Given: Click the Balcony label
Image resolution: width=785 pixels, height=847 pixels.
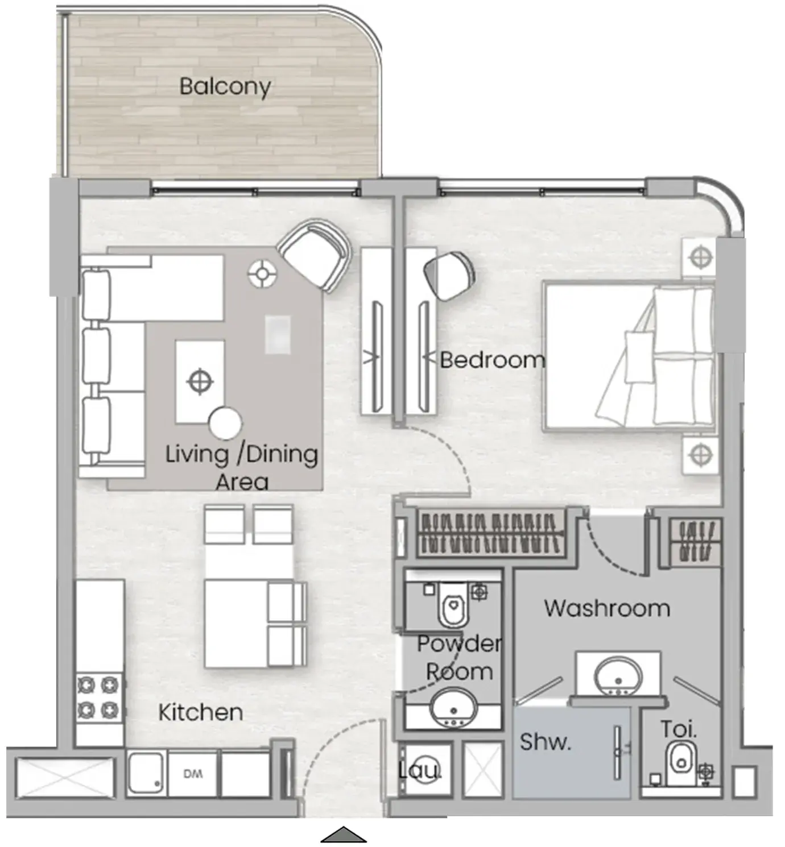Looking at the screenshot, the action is pos(225,87).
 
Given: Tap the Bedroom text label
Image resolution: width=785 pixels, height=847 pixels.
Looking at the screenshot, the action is pos(493,360).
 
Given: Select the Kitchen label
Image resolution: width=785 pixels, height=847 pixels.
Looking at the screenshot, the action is pos(201,712).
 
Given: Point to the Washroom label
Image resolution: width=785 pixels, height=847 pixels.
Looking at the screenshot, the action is pos(607,608).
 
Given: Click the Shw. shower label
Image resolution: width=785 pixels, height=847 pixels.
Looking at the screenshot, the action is pos(545,742).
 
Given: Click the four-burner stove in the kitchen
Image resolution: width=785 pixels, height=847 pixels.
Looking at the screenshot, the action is pos(99,697).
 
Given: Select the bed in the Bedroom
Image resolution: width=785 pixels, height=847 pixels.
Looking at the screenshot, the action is pos(629,355).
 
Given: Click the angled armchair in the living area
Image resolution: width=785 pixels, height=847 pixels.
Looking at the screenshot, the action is pos(315,255).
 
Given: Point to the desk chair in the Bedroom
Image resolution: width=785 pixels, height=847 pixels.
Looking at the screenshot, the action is pos(449,275).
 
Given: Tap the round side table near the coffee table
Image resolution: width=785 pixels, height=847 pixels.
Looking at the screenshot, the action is pos(225,423).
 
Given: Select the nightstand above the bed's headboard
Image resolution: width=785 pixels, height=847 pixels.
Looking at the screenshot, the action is pos(699,258).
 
